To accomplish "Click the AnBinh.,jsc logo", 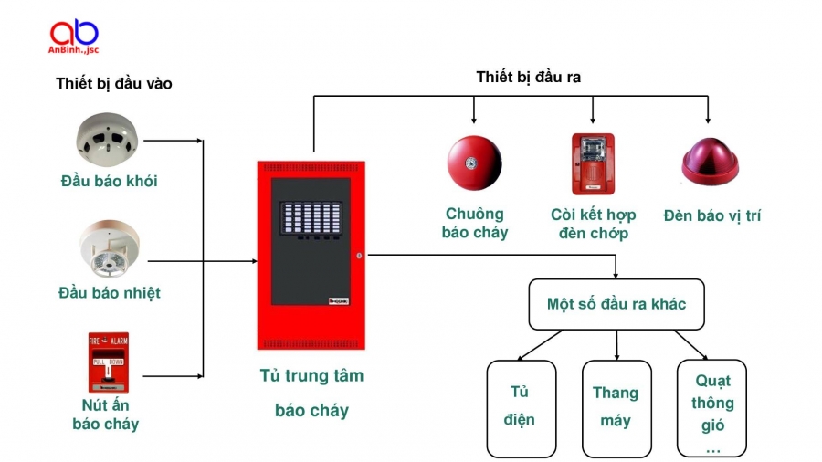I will click(x=74, y=37).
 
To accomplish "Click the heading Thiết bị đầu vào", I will click(x=113, y=83).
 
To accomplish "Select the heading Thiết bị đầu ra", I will click(x=528, y=77).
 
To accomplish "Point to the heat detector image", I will click(x=109, y=249).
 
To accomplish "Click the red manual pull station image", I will click(x=108, y=362).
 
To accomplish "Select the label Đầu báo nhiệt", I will click(x=109, y=292).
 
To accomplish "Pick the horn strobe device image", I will click(x=593, y=164).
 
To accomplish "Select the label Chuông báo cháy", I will click(x=474, y=223).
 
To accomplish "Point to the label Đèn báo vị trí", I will click(x=711, y=215).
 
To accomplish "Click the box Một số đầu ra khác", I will click(x=616, y=304).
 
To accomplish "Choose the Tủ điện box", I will click(x=522, y=407).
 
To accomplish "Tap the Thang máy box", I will click(x=616, y=407).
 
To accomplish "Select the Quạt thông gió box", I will click(x=711, y=407).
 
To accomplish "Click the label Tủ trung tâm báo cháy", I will click(x=311, y=393).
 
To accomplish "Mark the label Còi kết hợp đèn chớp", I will click(x=593, y=224).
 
